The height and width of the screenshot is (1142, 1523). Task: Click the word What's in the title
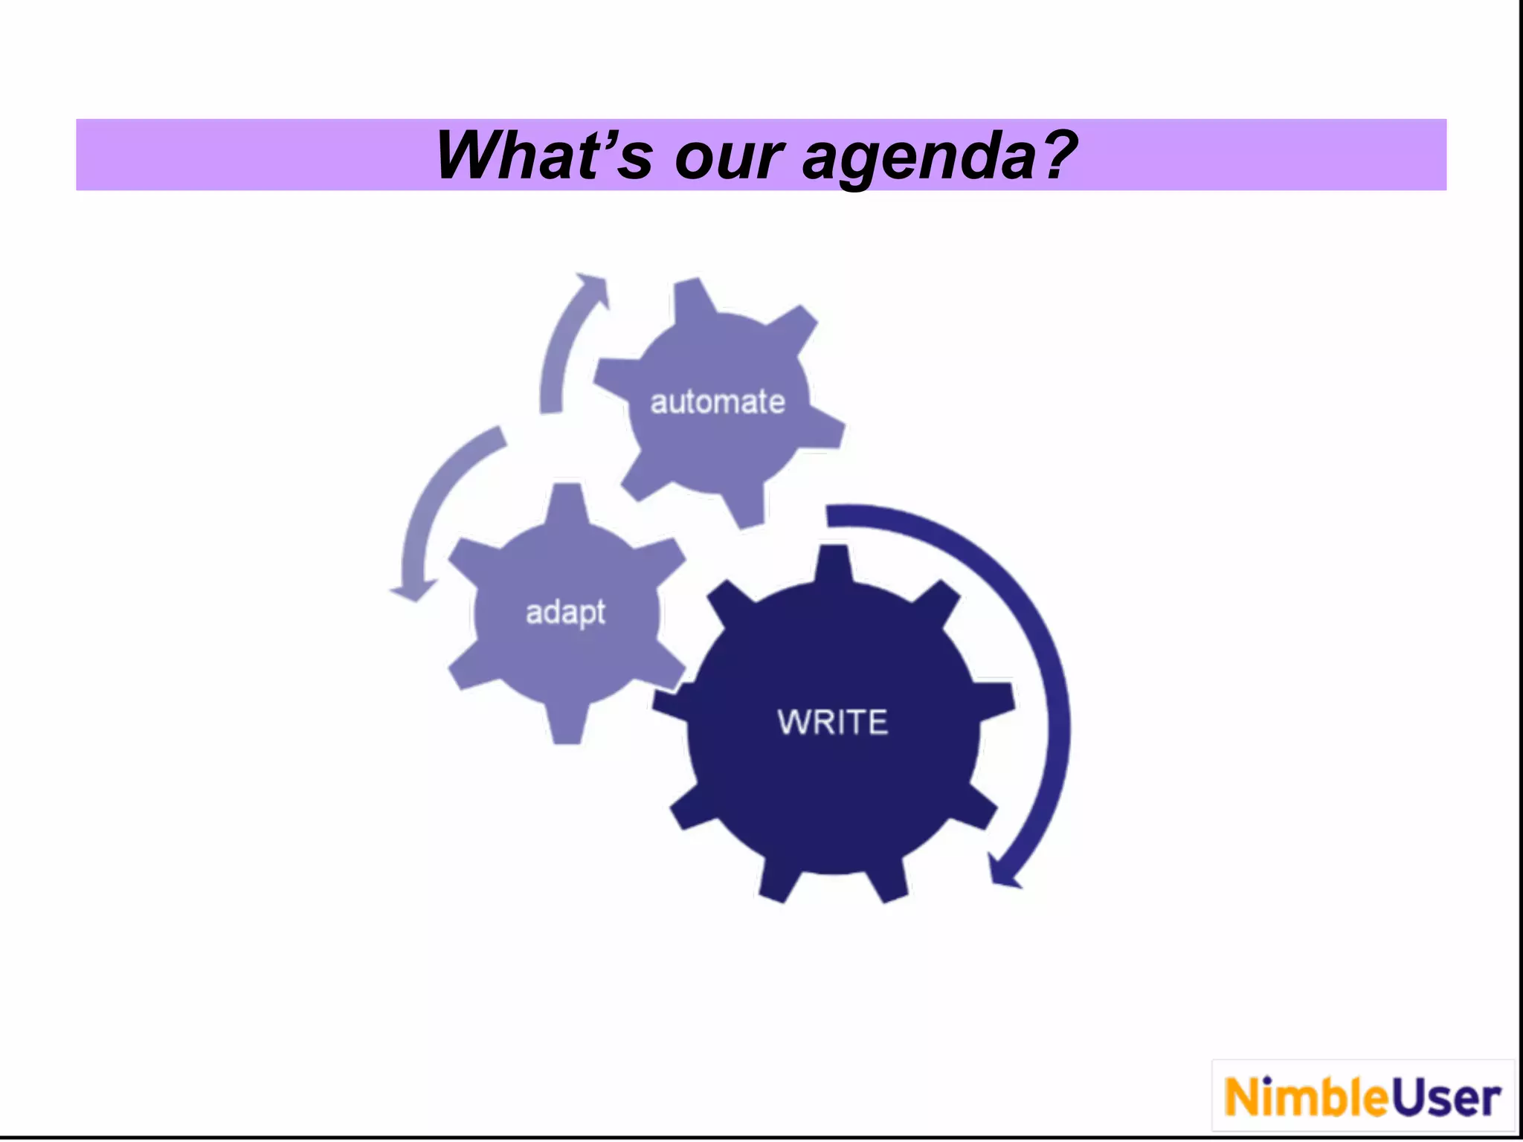pyautogui.click(x=544, y=155)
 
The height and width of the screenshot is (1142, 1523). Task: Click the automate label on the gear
pyautogui.click(x=718, y=402)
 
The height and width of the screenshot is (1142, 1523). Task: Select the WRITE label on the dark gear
pyautogui.click(x=833, y=722)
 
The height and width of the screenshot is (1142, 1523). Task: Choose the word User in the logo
pyautogui.click(x=1446, y=1098)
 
